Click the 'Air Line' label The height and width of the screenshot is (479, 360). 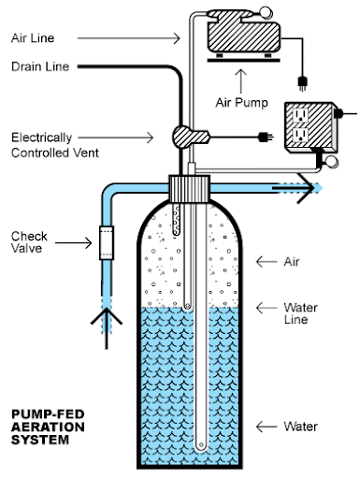click(x=33, y=38)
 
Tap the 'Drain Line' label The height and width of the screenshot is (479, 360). click(x=40, y=66)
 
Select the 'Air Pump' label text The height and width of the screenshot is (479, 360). click(x=241, y=103)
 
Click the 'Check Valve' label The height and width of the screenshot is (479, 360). click(x=29, y=242)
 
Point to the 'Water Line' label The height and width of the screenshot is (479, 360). click(x=300, y=313)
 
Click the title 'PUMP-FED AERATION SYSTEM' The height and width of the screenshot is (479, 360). click(x=48, y=427)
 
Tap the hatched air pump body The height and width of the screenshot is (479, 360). click(x=244, y=36)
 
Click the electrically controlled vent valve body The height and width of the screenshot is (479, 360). click(x=190, y=137)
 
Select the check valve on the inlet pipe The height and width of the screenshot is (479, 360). click(x=107, y=243)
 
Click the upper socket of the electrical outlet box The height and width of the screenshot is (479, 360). click(x=300, y=115)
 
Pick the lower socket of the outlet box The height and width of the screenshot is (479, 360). click(x=300, y=135)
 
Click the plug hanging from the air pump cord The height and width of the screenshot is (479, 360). click(x=302, y=83)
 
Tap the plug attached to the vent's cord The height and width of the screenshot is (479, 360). click(x=266, y=137)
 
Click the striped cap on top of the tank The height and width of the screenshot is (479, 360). click(x=189, y=188)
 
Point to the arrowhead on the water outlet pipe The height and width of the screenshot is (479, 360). click(x=306, y=188)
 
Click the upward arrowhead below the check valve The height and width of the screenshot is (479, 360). click(x=107, y=315)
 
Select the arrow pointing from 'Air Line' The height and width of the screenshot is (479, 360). click(x=128, y=38)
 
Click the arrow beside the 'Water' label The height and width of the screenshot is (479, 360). click(x=266, y=427)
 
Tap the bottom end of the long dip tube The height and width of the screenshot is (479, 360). click(x=201, y=445)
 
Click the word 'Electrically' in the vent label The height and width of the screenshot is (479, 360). click(x=41, y=138)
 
